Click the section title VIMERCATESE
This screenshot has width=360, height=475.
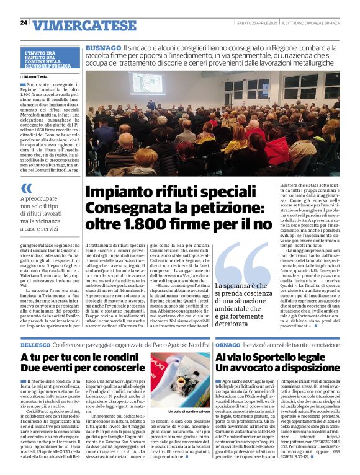(x=84, y=25)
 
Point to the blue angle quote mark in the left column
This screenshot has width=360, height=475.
(x=26, y=189)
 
